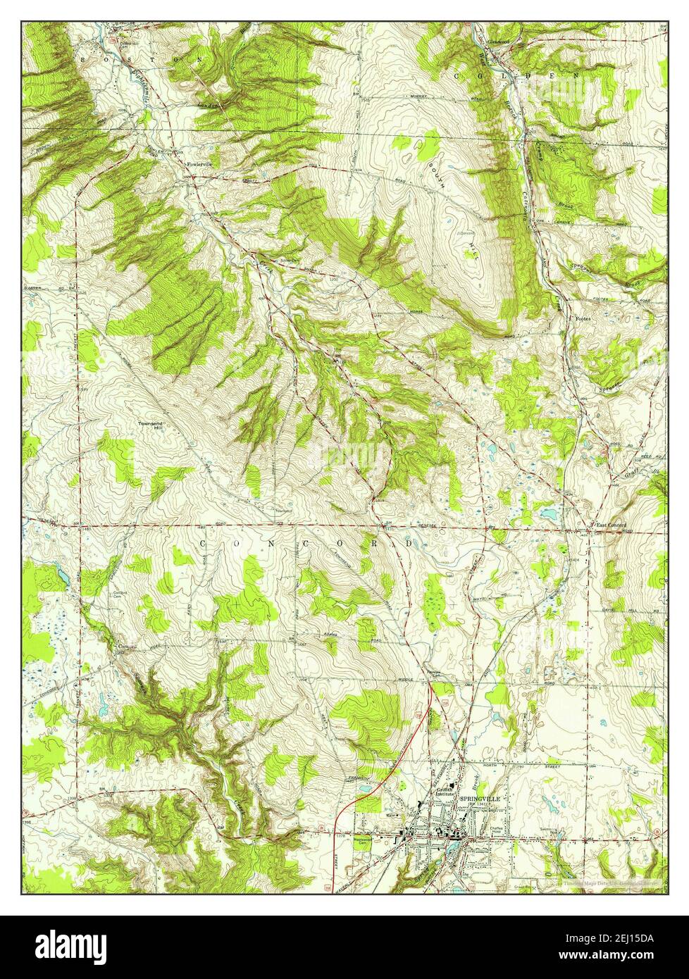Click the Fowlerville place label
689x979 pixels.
point(199,164)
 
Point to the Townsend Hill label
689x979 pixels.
point(154,426)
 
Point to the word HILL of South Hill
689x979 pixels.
point(471,248)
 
